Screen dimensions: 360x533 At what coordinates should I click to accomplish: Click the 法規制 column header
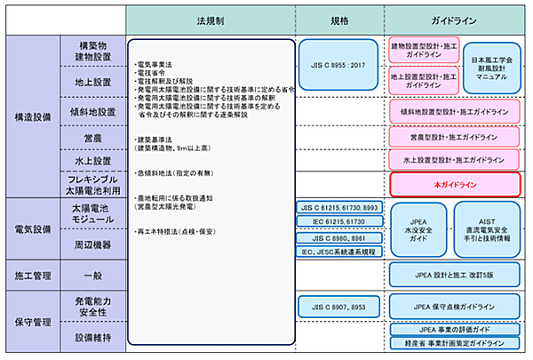pos(206,19)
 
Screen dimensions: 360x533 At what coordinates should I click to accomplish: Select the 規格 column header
pos(338,19)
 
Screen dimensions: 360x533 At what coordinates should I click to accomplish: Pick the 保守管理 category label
pos(33,320)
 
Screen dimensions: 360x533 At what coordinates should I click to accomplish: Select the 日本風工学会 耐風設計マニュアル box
pos(493,68)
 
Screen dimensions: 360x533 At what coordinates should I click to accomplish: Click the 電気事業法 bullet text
pos(155,64)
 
